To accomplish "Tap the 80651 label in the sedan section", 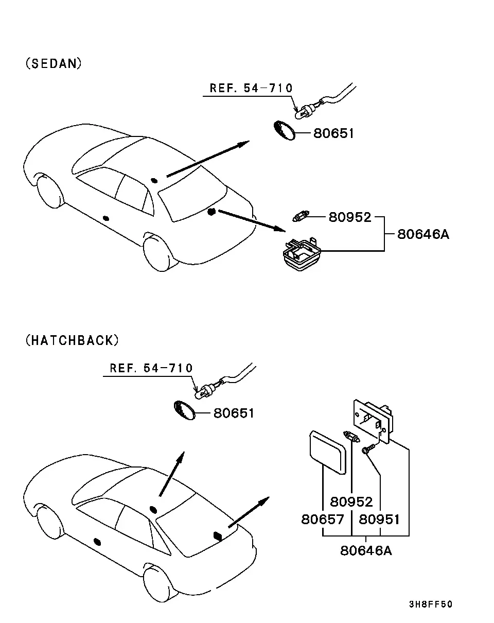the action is (x=333, y=133).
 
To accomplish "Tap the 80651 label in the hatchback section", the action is (x=234, y=413).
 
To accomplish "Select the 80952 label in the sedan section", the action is (x=350, y=217).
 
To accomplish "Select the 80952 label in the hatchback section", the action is (x=351, y=501).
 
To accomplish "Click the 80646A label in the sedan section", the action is (x=423, y=234).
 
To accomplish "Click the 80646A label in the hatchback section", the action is (x=366, y=550).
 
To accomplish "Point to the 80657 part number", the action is (x=323, y=519).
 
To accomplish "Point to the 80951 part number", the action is (x=379, y=519).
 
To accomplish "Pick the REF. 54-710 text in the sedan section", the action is (x=251, y=88).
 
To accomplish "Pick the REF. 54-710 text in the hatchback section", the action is (x=151, y=368).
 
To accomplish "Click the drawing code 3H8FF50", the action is (x=431, y=604).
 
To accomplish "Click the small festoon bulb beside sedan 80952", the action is (x=301, y=216).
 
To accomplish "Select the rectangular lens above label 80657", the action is (x=328, y=452).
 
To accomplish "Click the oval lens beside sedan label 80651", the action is (x=284, y=131).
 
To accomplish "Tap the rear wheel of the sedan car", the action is (x=158, y=254).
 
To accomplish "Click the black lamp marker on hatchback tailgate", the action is (x=217, y=536).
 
